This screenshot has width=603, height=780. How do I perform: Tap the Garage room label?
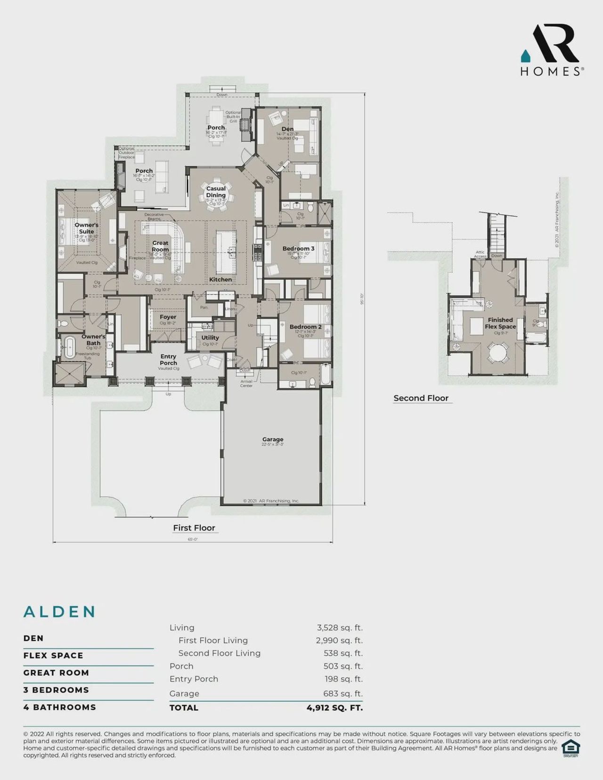coord(273,439)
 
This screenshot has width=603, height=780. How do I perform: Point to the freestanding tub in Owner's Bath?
coord(69,348)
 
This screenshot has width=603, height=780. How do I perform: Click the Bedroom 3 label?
coord(298,249)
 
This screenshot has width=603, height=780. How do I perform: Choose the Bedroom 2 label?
coord(305,327)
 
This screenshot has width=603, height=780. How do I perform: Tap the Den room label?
coord(287,129)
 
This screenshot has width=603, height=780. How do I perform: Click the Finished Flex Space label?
coord(500,323)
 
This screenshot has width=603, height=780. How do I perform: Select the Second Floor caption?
coord(421,398)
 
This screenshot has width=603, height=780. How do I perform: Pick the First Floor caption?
coord(194,528)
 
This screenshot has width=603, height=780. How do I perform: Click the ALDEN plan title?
coord(60,612)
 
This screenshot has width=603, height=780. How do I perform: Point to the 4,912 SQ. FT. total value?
coord(334,707)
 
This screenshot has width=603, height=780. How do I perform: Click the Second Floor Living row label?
coord(219,653)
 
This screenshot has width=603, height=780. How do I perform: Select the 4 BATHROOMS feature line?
coord(60,707)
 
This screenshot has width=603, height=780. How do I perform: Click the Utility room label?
coord(210,338)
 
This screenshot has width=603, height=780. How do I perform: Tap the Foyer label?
coord(168,317)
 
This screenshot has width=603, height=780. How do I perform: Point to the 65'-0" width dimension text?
coord(193,539)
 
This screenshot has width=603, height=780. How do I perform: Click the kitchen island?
coord(227,252)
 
